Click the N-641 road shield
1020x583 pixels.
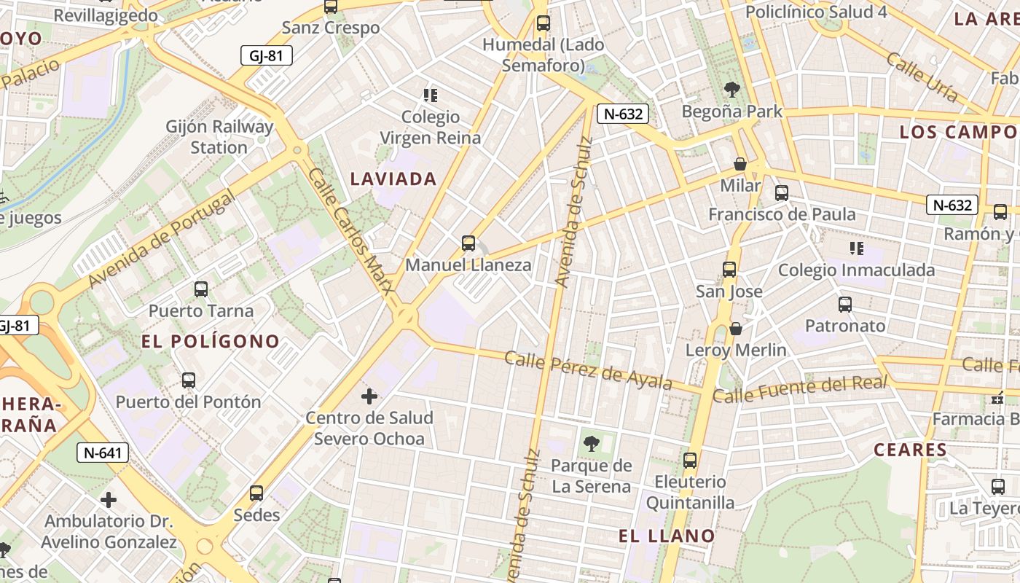[103, 453]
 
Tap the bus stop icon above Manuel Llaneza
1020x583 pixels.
[468, 243]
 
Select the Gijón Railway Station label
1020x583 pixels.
[219, 137]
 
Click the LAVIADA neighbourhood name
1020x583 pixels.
[393, 179]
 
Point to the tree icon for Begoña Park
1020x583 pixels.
[732, 90]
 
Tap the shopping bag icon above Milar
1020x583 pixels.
[740, 165]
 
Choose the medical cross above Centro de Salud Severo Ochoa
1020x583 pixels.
[369, 396]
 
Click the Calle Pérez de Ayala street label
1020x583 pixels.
[588, 370]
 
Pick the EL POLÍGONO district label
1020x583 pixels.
[211, 341]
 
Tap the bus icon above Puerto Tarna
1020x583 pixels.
[201, 289]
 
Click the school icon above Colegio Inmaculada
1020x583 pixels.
[857, 249]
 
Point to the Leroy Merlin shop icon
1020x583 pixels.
[736, 329]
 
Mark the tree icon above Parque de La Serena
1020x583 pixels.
[592, 443]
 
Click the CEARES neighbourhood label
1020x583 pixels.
[910, 450]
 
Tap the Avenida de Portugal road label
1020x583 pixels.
[161, 239]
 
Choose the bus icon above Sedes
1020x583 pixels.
[256, 493]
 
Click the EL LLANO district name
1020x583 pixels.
[667, 536]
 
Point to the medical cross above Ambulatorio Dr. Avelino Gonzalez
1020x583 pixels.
[109, 500]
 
